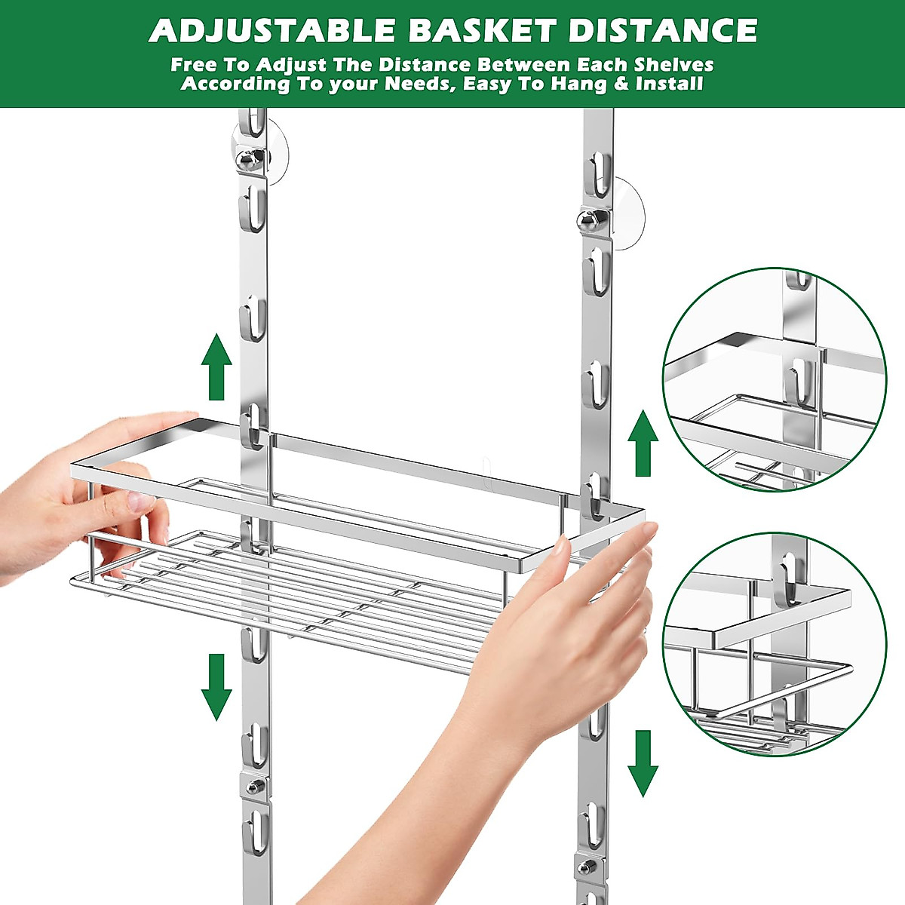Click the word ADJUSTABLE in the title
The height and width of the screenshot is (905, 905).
pyautogui.click(x=272, y=31)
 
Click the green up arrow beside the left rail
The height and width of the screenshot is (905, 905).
pyautogui.click(x=216, y=367)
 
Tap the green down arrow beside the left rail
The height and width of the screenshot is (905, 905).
pyautogui.click(x=216, y=686)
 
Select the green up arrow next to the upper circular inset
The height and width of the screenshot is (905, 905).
pyautogui.click(x=643, y=443)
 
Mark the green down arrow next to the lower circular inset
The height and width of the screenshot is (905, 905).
pyautogui.click(x=643, y=762)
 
